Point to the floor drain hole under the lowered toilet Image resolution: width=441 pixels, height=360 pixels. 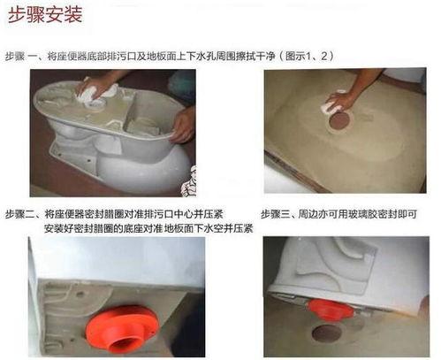click(x=327, y=333)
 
